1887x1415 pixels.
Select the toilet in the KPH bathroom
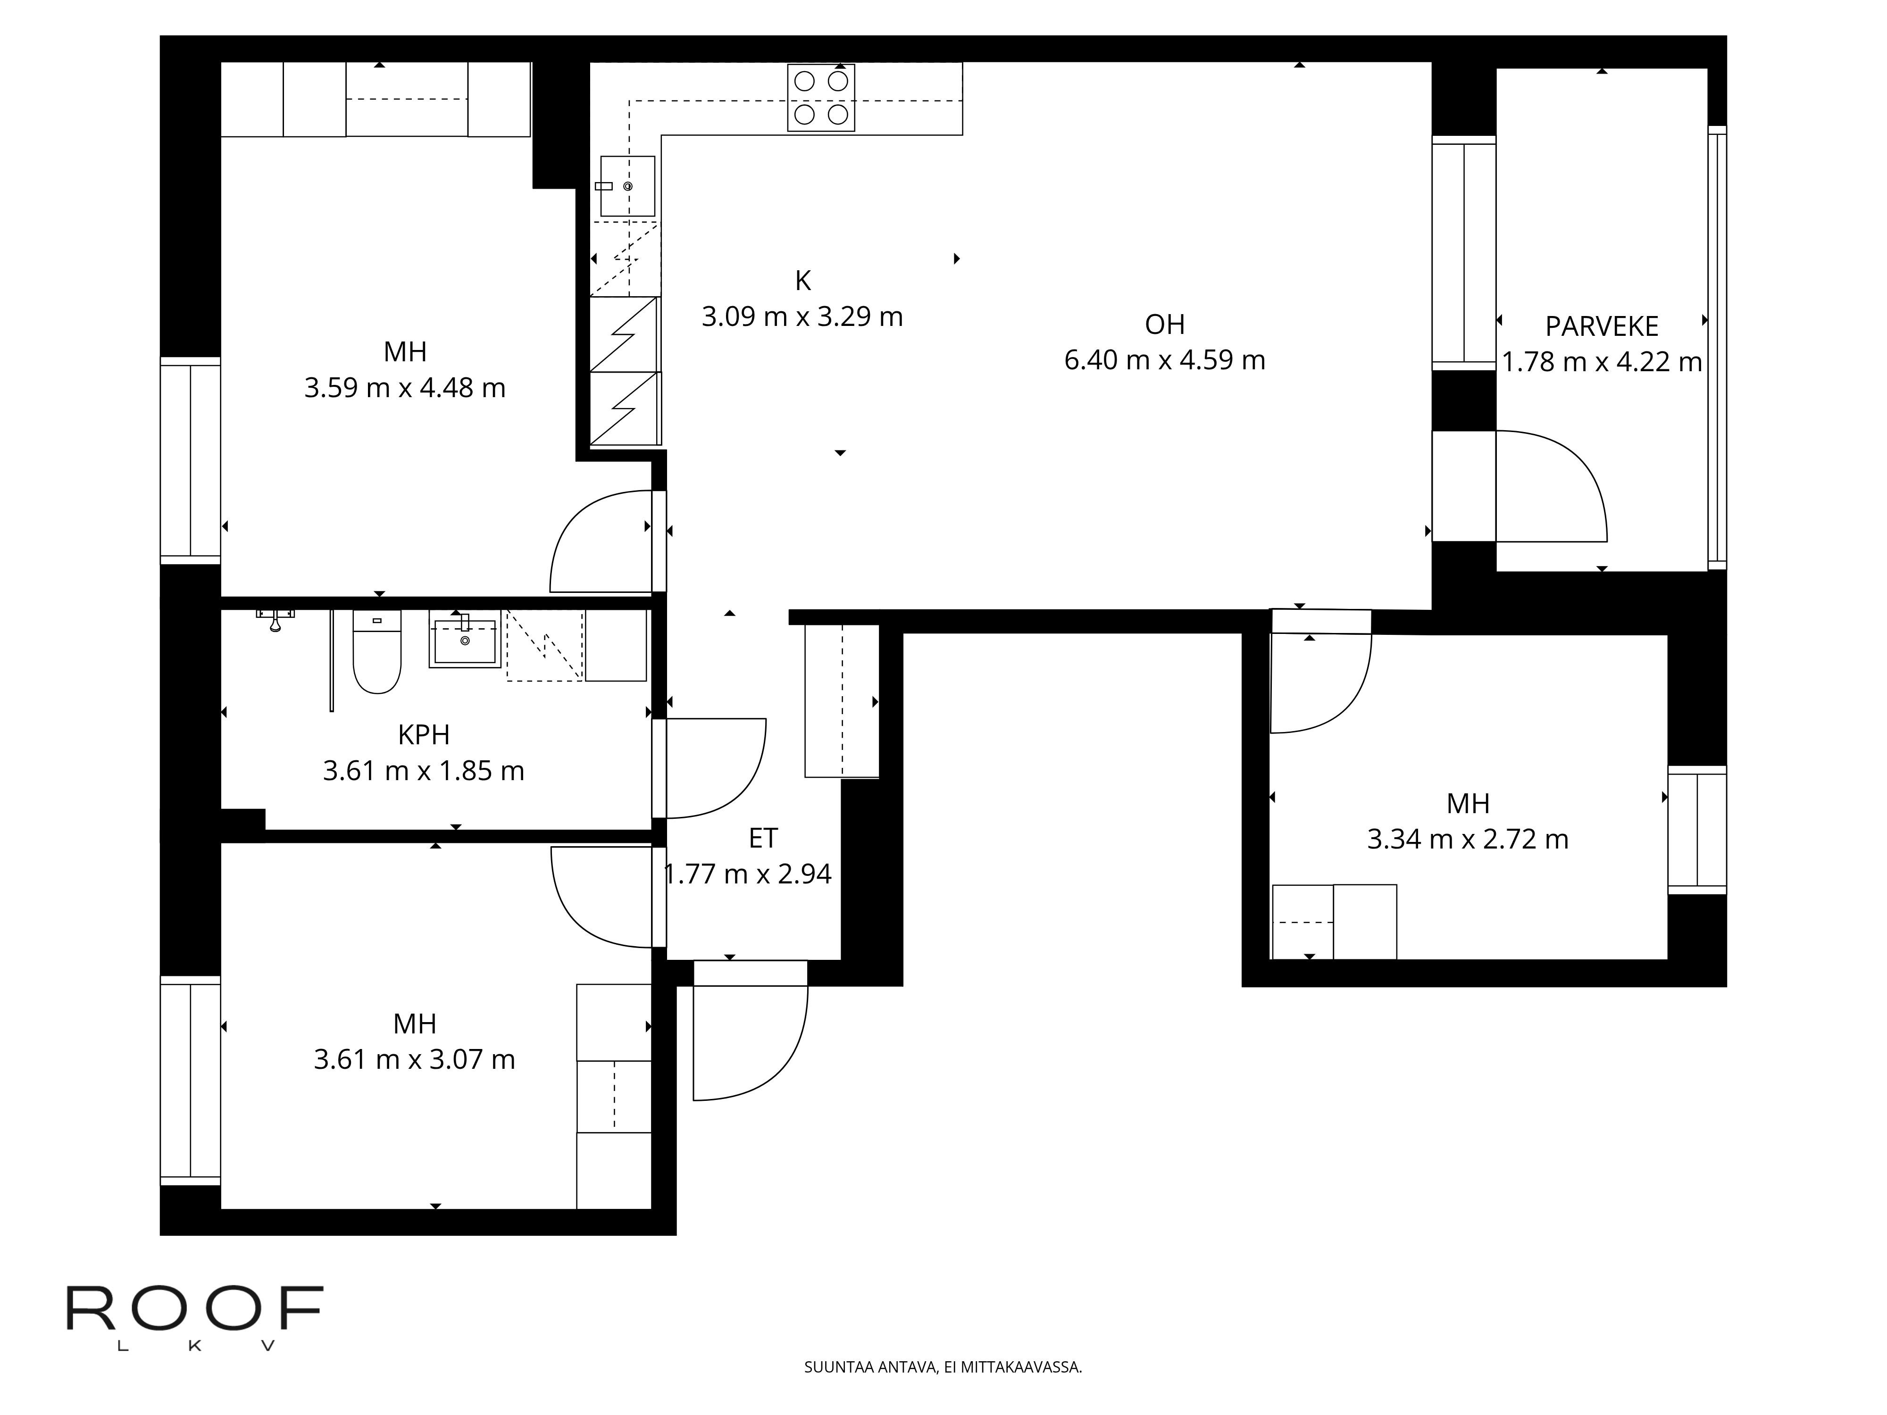(377, 652)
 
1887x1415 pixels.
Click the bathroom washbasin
(465, 640)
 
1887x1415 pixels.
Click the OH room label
(1164, 324)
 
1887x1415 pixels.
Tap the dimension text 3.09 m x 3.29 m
(802, 316)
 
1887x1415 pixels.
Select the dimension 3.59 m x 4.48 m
(405, 388)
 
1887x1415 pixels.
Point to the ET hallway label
(763, 839)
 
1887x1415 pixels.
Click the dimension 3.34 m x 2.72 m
(1468, 839)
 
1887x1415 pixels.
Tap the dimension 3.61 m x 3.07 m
(415, 1059)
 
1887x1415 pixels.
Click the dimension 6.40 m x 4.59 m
(1164, 360)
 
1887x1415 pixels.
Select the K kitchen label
(803, 281)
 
